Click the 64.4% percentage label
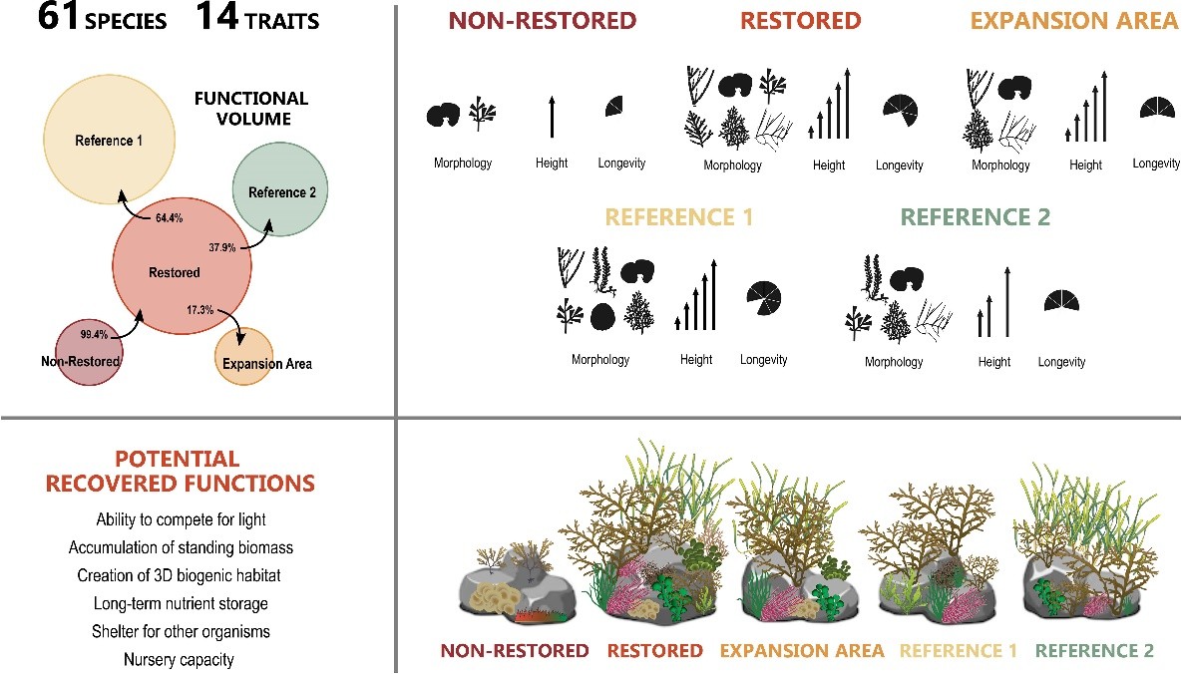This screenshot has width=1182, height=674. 170,217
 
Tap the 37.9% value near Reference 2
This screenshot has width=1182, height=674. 221,247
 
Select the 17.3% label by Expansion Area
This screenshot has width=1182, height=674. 200,310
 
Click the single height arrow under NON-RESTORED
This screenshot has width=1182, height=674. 551,117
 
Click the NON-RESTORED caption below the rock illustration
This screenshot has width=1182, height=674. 515,651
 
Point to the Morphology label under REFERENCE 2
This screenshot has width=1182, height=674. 893,362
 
